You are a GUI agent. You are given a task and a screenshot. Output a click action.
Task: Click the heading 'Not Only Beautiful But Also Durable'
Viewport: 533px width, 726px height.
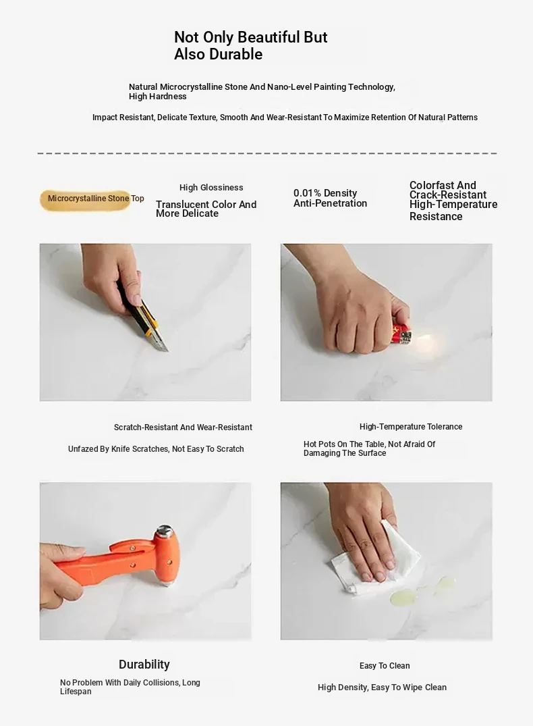(x=250, y=45)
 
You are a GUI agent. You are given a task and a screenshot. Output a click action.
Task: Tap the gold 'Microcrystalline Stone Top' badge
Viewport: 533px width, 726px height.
(x=86, y=200)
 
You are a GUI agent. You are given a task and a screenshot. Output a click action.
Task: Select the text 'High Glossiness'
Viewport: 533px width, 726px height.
(x=211, y=188)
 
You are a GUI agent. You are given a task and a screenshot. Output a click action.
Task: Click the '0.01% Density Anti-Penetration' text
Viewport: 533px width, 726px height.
(x=330, y=198)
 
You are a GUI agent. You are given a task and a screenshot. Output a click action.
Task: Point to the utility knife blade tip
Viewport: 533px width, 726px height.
(x=167, y=351)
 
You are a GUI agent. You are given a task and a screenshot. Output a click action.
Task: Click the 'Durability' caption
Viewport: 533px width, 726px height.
(x=144, y=665)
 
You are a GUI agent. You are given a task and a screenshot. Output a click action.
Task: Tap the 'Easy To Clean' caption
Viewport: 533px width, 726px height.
(x=385, y=666)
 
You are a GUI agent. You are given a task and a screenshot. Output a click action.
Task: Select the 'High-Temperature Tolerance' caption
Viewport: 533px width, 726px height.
(x=411, y=427)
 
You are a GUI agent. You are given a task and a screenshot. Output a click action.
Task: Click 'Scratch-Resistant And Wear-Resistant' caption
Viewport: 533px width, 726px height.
(x=184, y=427)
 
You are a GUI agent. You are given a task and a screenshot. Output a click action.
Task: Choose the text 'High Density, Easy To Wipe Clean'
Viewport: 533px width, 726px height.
(x=382, y=688)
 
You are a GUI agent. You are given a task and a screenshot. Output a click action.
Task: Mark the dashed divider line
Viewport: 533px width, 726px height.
(x=267, y=153)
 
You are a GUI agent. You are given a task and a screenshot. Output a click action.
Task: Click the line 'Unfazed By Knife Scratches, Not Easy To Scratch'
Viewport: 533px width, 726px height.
(x=156, y=449)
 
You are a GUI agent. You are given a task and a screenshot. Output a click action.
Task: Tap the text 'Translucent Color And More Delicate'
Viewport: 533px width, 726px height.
(x=206, y=209)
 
